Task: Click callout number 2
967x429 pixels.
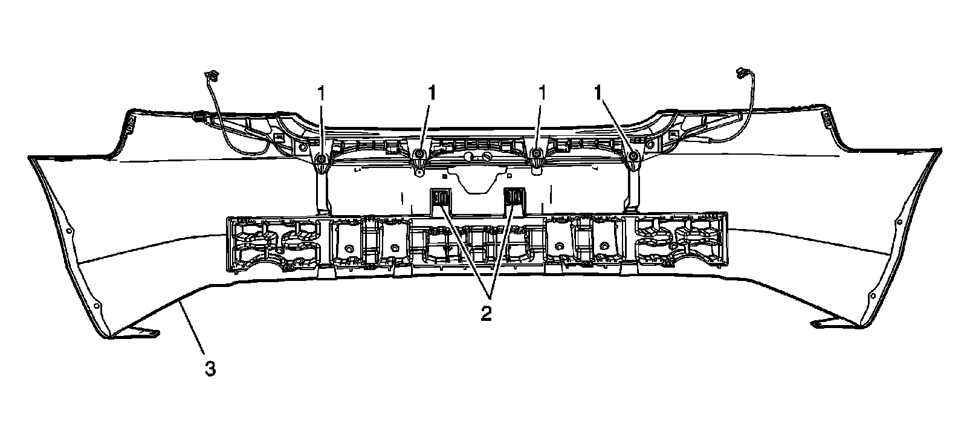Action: click(x=487, y=314)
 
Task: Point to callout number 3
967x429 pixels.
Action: click(x=210, y=368)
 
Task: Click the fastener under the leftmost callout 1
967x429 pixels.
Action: click(x=321, y=160)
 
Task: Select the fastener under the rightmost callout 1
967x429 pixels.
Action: click(x=633, y=158)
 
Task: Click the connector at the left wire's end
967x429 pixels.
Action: click(x=212, y=75)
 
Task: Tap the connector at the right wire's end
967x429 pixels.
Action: click(x=742, y=74)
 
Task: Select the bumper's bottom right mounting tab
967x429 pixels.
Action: click(x=832, y=323)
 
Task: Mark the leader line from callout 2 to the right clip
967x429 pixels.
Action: click(x=503, y=251)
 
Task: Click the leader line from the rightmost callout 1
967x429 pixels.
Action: click(x=616, y=126)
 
